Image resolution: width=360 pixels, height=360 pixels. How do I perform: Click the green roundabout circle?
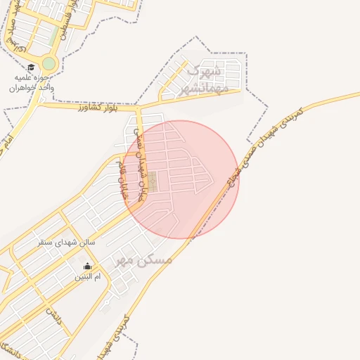click(x=48, y=63)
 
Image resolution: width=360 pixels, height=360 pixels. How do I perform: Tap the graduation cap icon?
click(x=32, y=67)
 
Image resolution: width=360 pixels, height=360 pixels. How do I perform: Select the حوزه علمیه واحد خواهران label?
click(x=32, y=83)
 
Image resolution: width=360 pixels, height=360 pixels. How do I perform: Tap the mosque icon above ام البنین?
click(x=88, y=266)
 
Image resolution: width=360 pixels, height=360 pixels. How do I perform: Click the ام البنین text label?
click(x=89, y=277)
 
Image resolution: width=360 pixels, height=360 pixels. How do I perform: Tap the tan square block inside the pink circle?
click(x=152, y=181)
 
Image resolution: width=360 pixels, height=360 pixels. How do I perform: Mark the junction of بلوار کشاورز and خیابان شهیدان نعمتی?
click(x=139, y=110)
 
